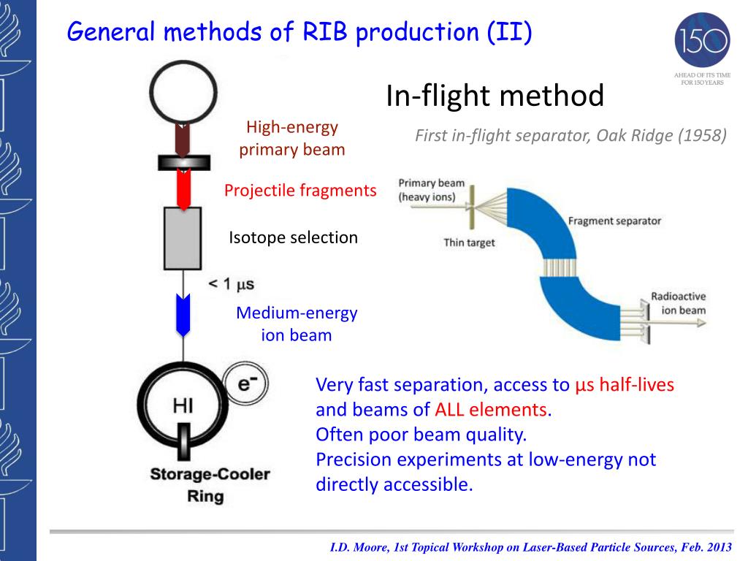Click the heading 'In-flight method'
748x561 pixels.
[x=495, y=95]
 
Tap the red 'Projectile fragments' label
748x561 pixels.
[x=300, y=191]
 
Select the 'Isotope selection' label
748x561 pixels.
[x=294, y=237]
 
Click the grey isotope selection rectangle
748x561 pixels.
[x=183, y=238]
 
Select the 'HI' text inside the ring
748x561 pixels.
[x=183, y=405]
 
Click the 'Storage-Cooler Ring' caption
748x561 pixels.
[x=210, y=485]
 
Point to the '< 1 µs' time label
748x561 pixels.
[x=232, y=283]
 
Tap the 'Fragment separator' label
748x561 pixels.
[x=614, y=221]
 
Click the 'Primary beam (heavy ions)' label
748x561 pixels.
[x=432, y=190]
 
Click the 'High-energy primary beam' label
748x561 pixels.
[x=292, y=139]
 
